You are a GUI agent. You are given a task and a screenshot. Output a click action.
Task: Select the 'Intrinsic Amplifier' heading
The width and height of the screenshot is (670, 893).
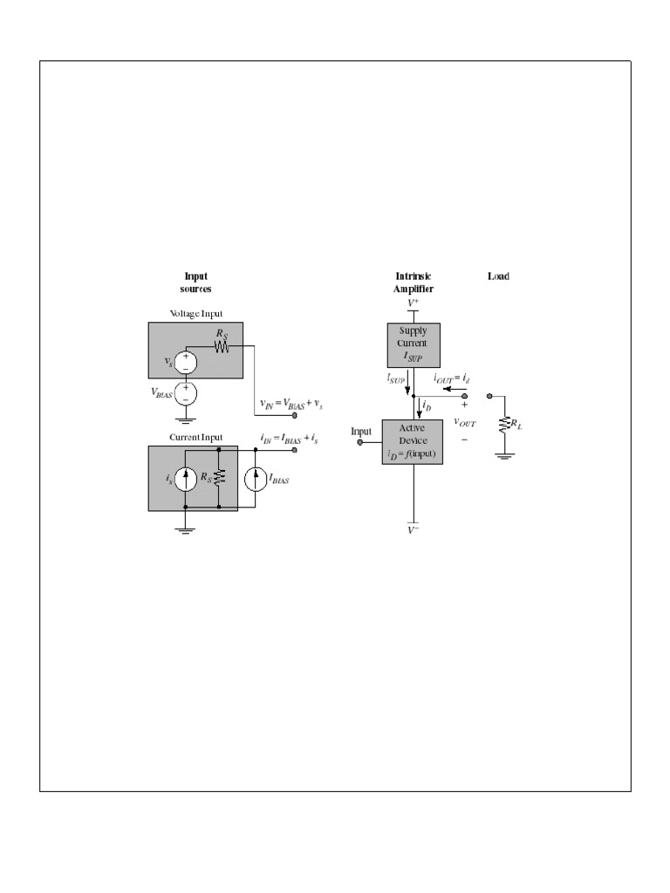pos(414,283)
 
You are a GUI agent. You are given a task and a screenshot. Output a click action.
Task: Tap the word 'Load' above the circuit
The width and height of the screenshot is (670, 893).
pos(498,276)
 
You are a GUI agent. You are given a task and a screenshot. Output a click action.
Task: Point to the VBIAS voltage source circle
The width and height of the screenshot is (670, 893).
pos(185,392)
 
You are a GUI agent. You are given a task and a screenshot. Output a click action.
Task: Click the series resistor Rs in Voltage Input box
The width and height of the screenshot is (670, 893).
pos(222,346)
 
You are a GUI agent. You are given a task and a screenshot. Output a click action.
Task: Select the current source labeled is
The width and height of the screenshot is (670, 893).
pos(185,478)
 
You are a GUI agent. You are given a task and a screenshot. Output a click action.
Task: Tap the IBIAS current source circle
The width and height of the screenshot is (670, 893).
pos(255,479)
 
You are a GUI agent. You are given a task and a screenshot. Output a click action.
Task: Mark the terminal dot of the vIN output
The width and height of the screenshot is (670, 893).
pos(294,417)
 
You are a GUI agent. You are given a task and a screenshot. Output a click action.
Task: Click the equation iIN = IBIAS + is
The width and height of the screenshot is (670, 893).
pos(291,439)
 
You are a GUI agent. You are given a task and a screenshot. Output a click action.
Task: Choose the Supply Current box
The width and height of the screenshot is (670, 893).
pos(413,344)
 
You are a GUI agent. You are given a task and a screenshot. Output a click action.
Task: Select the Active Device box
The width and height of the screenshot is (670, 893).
pos(413,441)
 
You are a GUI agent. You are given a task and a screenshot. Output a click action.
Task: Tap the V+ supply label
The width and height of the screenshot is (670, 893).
pos(413,302)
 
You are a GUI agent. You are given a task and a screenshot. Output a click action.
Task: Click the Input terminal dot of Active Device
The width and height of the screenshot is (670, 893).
pos(359,441)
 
